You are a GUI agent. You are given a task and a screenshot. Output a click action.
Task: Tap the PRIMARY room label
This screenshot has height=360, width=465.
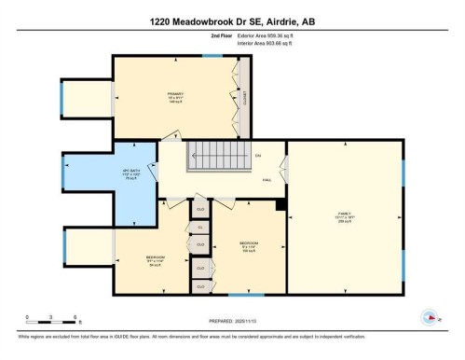coord(174,93)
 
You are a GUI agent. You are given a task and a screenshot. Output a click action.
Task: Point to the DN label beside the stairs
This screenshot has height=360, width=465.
coord(258,154)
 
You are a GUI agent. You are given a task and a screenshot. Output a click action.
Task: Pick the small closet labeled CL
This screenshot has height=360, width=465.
coord(199,227)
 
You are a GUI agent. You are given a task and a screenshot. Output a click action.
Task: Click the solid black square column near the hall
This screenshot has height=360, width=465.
coord(280,204)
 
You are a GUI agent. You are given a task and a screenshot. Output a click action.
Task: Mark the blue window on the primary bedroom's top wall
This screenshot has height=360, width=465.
coord(213,55)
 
